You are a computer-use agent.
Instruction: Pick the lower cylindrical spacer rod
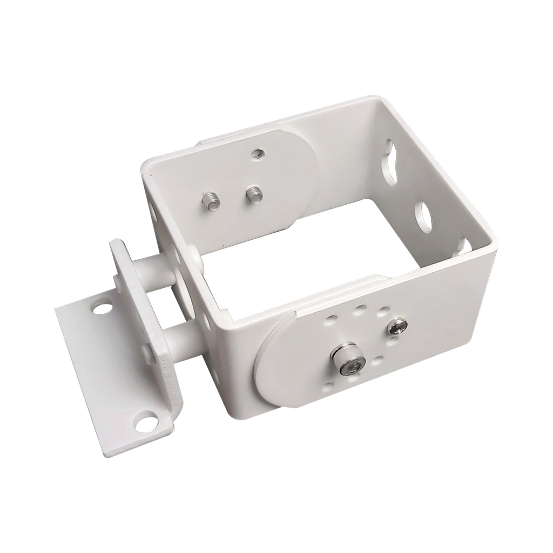click(184, 339)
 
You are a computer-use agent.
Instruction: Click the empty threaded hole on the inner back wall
click(257, 155)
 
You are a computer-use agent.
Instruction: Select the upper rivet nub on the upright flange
click(116, 281)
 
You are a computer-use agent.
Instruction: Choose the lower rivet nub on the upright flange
click(148, 351)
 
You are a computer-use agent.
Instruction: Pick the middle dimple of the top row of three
click(358, 312)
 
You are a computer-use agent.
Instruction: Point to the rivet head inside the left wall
click(193, 249)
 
